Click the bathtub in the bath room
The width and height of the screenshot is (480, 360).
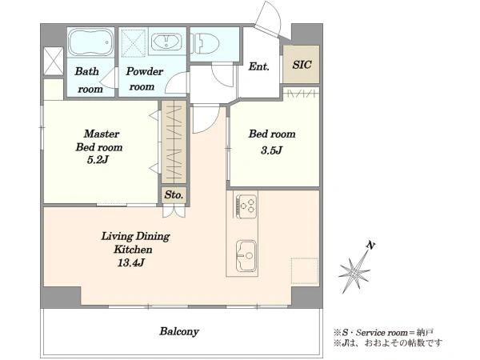coord(90,42)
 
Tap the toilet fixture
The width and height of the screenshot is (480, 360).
coord(205,43)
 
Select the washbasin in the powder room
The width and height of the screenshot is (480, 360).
coord(166,42)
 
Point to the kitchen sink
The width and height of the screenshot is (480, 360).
coord(246,256)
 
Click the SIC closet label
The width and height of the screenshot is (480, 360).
coord(302,65)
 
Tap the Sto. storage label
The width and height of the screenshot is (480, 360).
coord(174,194)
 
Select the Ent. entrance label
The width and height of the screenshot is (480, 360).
coord(258,66)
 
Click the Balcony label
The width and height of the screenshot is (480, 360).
coord(179,331)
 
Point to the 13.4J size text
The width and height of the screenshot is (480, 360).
coord(130,262)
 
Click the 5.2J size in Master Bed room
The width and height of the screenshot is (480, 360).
coord(98,159)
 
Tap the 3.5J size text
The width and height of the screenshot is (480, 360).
coord(271,150)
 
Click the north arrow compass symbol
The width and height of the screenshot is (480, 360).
coord(355,271)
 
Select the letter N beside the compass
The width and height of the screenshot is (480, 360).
coord(370,246)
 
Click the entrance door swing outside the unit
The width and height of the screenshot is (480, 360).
coord(270,18)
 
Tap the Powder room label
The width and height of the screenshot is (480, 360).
coord(144,79)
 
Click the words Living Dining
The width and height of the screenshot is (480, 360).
coord(135,237)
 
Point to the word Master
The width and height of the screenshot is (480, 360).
coord(102,134)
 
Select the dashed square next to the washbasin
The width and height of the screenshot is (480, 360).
coord(134,43)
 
